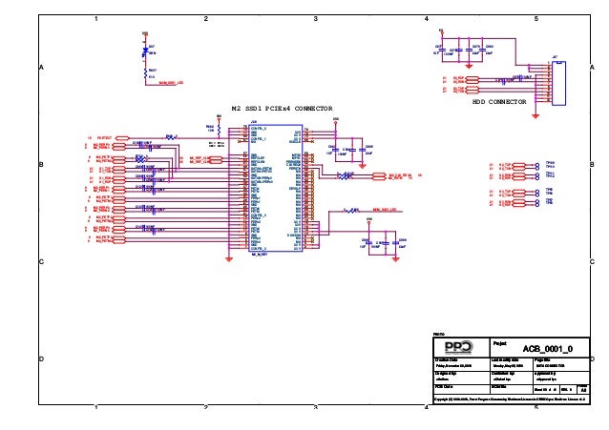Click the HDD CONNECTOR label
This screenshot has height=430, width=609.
click(x=500, y=100)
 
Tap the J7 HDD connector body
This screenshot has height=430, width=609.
click(x=559, y=83)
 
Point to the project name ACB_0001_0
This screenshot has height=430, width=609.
click(x=546, y=350)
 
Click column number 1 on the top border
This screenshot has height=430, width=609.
click(x=97, y=19)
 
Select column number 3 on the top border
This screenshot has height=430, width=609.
click(x=316, y=19)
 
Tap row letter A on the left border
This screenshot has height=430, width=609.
click(x=41, y=68)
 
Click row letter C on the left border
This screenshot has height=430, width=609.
click(x=41, y=261)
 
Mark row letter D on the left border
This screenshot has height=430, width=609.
click(x=41, y=358)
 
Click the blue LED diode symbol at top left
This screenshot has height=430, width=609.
click(x=145, y=53)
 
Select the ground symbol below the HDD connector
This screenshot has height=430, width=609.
click(x=536, y=115)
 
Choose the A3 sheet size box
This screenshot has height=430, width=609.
click(x=584, y=388)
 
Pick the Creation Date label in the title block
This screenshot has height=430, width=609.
click(x=448, y=358)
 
